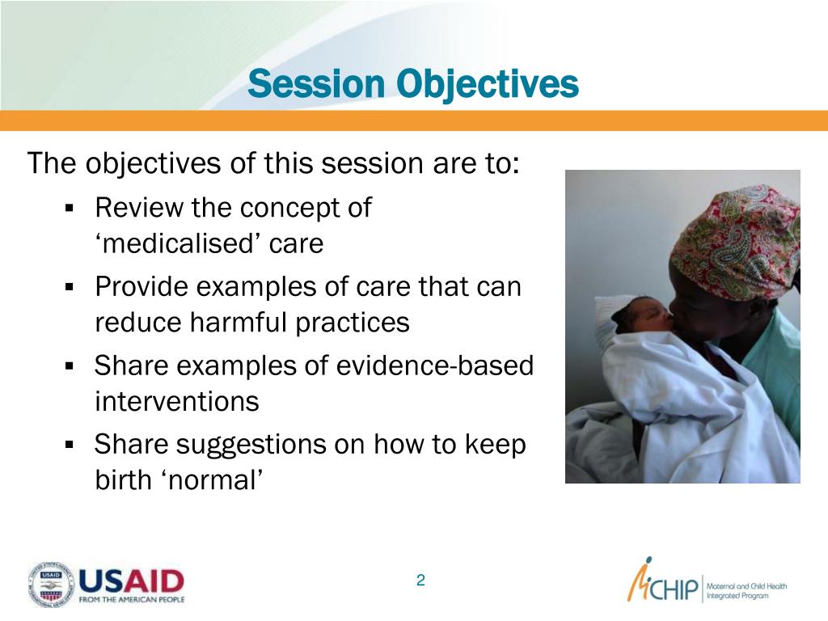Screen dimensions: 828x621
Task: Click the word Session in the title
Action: pyautogui.click(x=316, y=83)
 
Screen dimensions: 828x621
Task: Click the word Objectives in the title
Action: pyautogui.click(x=488, y=84)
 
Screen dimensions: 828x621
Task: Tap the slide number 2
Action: pyautogui.click(x=420, y=581)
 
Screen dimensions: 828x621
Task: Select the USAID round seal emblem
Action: pyautogui.click(x=51, y=584)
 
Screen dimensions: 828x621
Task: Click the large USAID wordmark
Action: pyautogui.click(x=131, y=581)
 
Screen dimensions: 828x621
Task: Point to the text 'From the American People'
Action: pyautogui.click(x=132, y=599)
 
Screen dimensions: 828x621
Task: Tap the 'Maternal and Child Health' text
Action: pyautogui.click(x=746, y=586)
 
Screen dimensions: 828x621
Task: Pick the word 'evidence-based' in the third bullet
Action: pyautogui.click(x=434, y=365)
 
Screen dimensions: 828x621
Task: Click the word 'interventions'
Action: pyautogui.click(x=177, y=401)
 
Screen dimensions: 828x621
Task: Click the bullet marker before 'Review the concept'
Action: pyautogui.click(x=70, y=208)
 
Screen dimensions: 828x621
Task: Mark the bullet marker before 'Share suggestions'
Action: pyautogui.click(x=70, y=445)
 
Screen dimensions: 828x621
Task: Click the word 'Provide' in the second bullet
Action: pyautogui.click(x=141, y=287)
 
